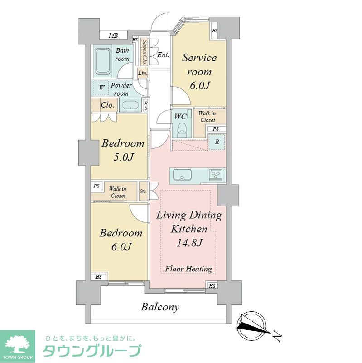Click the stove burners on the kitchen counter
click(215, 175)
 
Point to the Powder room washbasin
click(130, 106)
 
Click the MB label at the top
click(113, 36)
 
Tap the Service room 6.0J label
click(199, 72)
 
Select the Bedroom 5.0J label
click(123, 150)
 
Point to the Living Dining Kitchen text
click(188, 222)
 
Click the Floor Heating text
click(188, 269)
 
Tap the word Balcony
click(160, 307)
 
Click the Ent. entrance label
click(164, 55)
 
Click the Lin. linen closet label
click(142, 73)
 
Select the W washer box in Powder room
click(101, 87)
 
